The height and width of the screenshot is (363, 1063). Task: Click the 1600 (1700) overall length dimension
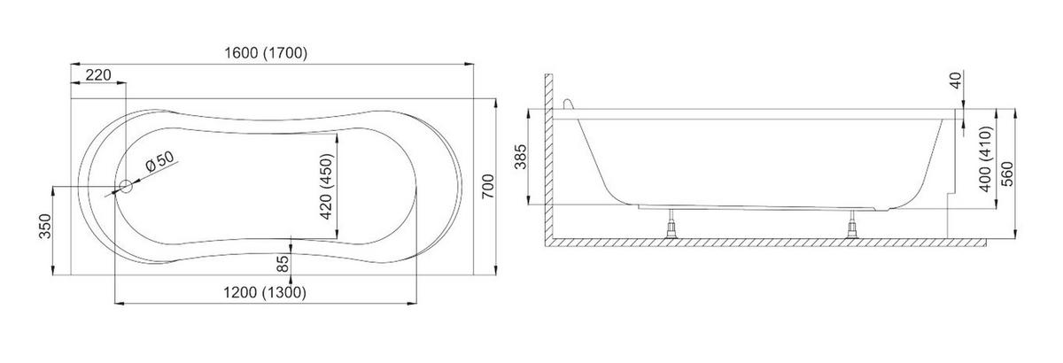point(266,52)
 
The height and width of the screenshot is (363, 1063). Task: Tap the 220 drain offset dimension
point(98,75)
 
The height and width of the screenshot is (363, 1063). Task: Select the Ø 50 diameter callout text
point(160,162)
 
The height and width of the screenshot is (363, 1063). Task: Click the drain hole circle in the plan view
point(126,187)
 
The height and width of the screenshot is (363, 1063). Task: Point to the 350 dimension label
point(44,227)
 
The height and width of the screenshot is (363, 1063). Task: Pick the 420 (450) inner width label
point(327,187)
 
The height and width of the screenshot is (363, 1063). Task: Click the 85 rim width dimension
point(283,264)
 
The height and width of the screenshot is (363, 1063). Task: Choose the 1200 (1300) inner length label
point(265,293)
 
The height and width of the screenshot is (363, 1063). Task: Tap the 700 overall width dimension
point(488,187)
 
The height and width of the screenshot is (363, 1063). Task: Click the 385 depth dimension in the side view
point(521,157)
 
